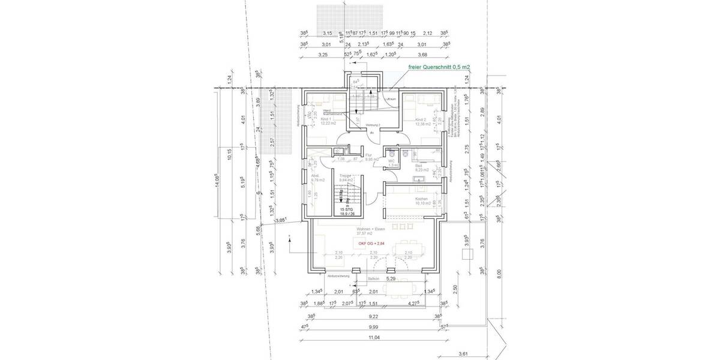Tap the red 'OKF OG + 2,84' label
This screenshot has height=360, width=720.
tap(372, 244)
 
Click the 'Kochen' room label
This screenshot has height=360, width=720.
tap(421, 199)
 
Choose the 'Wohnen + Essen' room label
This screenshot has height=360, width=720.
tap(370, 230)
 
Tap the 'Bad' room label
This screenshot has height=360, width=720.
tap(418, 167)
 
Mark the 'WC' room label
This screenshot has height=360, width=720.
tap(391, 161)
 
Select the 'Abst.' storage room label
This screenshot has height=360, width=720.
tap(315, 176)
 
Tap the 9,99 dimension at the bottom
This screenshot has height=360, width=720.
tap(374, 327)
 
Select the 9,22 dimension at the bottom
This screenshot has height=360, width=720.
tap(374, 316)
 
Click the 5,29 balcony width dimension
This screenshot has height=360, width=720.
tap(390, 279)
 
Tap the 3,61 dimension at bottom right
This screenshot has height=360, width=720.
tap(463, 353)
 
